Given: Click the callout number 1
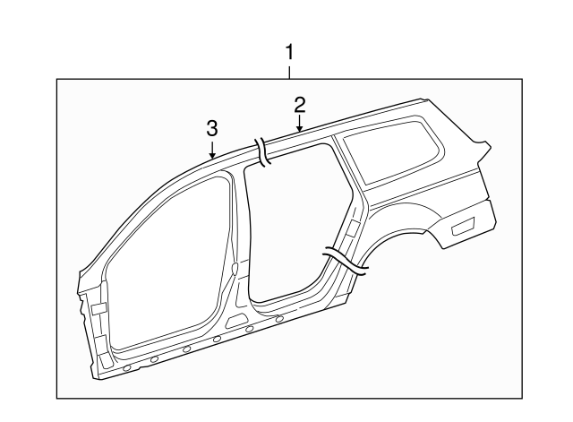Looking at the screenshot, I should (x=288, y=51).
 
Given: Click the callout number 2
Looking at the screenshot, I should (x=300, y=105).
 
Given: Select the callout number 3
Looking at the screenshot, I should (x=212, y=127).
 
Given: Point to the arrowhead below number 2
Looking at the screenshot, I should (x=300, y=130).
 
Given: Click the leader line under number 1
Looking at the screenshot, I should (x=288, y=71).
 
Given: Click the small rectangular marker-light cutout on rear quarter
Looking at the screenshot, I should (x=463, y=227).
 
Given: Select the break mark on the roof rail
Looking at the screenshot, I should (x=263, y=152).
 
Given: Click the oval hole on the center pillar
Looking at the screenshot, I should (x=235, y=267).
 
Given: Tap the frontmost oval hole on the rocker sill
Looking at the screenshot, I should (x=126, y=368).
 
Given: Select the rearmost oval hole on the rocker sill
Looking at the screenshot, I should (x=280, y=318).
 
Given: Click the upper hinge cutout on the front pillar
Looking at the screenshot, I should (x=98, y=309).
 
